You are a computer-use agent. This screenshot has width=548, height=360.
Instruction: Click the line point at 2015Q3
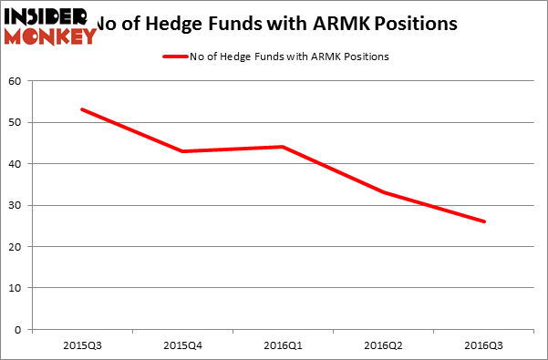(x=82, y=109)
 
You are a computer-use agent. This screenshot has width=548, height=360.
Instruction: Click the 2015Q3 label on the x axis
(x=82, y=346)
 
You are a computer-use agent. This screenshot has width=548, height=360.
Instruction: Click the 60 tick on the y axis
(x=16, y=81)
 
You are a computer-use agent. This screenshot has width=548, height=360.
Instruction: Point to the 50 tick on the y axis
(x=16, y=122)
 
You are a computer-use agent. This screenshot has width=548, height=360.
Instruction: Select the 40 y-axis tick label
(x=16, y=164)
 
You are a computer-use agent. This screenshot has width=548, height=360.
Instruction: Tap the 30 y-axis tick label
(x=16, y=205)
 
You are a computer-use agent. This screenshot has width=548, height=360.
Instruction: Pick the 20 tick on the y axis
(x=16, y=247)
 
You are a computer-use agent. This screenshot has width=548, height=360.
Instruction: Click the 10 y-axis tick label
(x=16, y=288)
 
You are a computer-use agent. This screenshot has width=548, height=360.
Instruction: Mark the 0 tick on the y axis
(x=18, y=330)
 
